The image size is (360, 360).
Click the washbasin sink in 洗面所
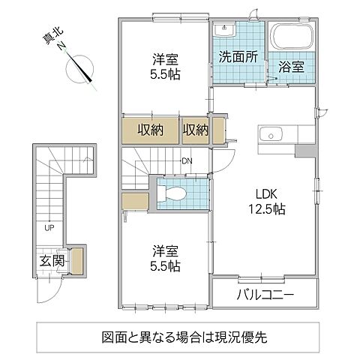224,31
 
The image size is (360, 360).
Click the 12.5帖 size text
266,208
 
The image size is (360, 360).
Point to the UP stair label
49,227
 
